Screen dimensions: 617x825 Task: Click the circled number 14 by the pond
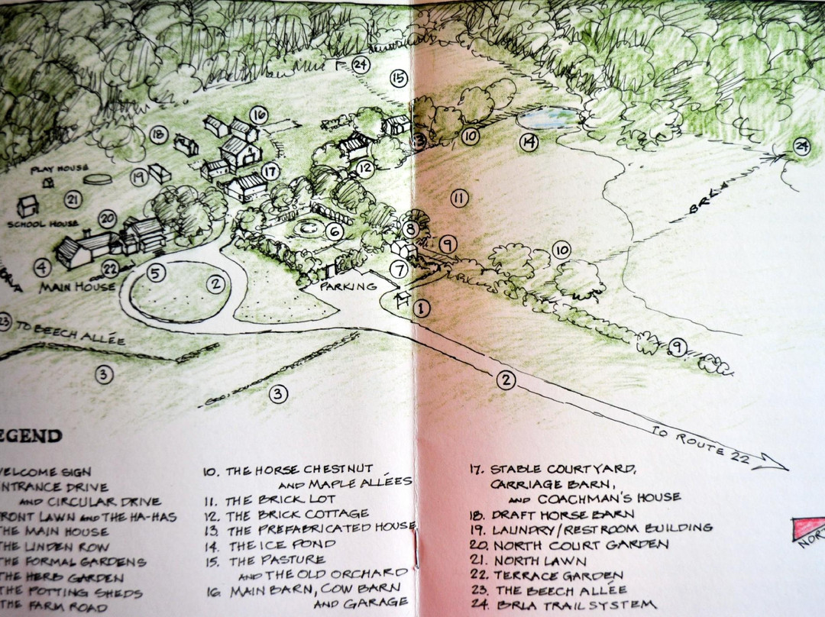tap(529, 141)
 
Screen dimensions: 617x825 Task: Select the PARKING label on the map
tap(348, 286)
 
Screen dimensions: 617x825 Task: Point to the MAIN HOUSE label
tap(77, 287)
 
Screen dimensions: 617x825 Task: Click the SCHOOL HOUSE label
tap(43, 224)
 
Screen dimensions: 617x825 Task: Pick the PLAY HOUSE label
tap(60, 168)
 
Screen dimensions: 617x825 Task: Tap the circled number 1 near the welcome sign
tap(421, 308)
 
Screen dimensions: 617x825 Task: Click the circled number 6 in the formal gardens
tap(333, 231)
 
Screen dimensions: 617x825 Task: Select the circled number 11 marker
tap(458, 199)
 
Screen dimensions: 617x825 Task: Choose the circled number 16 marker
tap(258, 115)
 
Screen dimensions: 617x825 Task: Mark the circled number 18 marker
tap(158, 135)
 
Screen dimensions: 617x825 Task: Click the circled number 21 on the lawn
tap(73, 200)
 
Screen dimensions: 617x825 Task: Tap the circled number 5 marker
tap(156, 272)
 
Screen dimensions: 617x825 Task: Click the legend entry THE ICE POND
tap(283, 545)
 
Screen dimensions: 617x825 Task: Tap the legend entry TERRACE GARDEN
tap(558, 575)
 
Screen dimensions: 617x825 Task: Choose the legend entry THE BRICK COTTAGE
tap(297, 514)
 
